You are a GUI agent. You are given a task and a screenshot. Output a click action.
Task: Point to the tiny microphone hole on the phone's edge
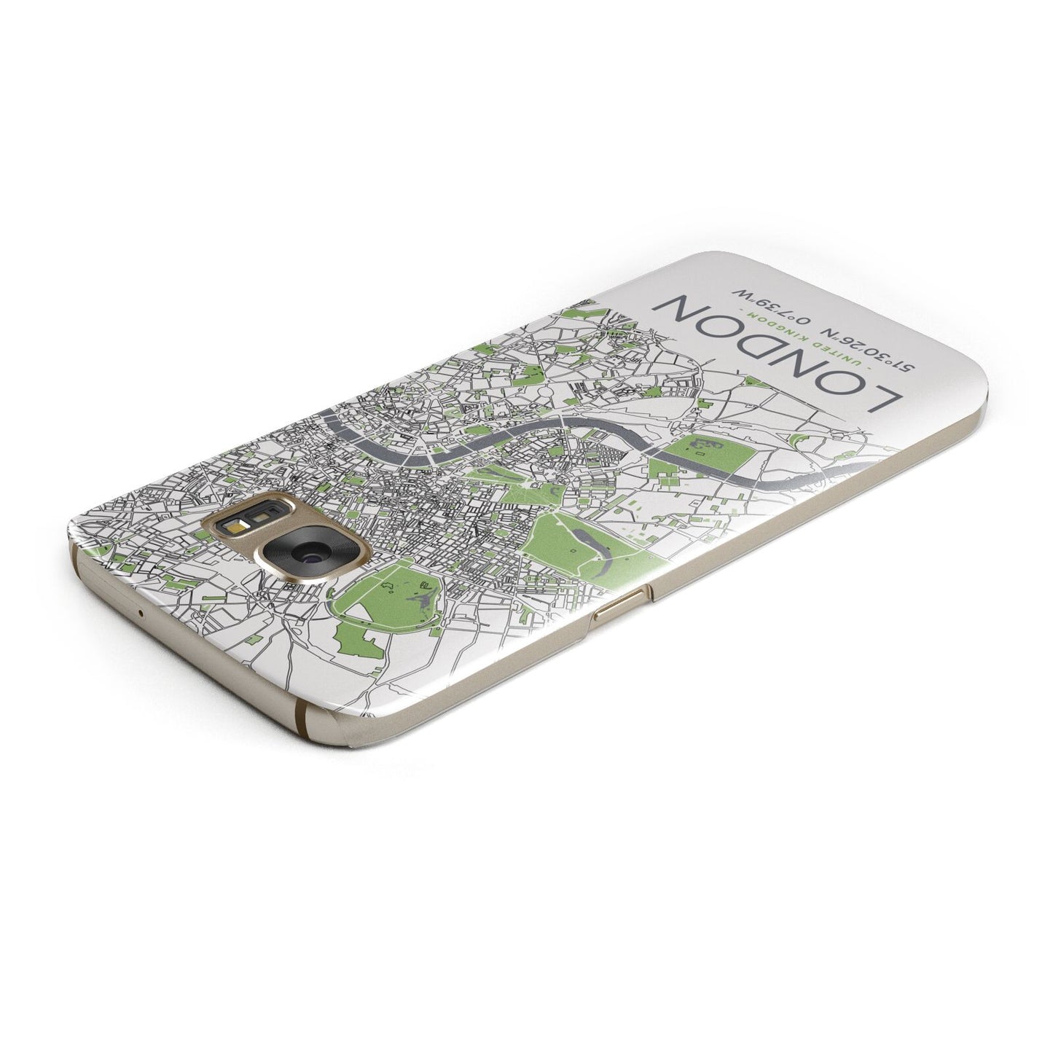click(139, 610)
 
